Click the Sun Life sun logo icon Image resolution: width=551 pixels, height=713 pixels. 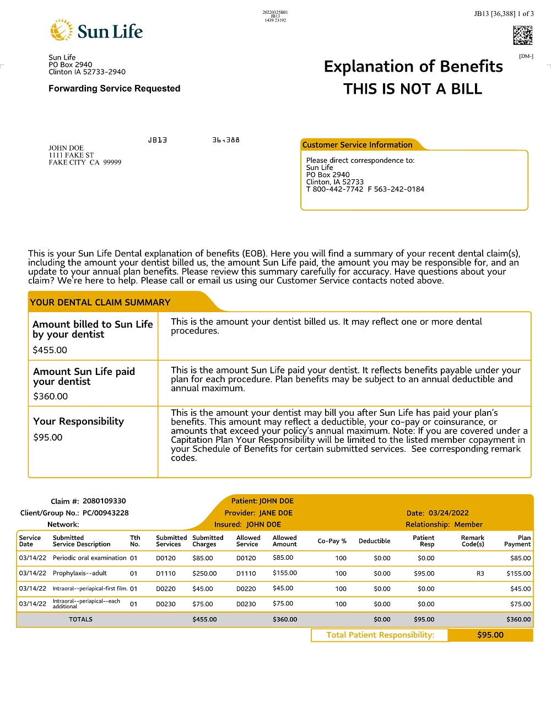tap(61, 30)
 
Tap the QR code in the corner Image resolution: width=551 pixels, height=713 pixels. tap(522, 35)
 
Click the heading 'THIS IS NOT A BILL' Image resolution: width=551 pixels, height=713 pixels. tap(413, 89)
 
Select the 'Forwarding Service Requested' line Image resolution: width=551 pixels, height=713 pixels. tap(114, 88)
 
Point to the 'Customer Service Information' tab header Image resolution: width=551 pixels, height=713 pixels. tap(357, 145)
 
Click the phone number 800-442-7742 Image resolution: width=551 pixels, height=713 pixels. tap(338, 189)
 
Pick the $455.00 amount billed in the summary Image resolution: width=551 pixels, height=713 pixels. tap(50, 350)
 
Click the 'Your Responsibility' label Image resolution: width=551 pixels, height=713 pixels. tap(78, 421)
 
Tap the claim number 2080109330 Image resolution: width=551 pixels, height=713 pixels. tap(104, 501)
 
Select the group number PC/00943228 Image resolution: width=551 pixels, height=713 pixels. tap(105, 513)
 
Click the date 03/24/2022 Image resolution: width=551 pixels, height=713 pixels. tap(449, 513)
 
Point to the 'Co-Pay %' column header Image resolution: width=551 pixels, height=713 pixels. tap(332, 541)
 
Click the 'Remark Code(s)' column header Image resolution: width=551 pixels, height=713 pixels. tap(472, 541)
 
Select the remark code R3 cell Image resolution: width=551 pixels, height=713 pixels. tap(480, 573)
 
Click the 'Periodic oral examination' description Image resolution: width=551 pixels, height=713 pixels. tap(90, 558)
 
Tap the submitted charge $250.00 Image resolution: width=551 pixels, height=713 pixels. tap(204, 573)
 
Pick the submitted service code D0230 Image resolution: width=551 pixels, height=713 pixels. tap(165, 604)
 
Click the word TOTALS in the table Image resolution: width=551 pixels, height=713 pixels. tap(80, 620)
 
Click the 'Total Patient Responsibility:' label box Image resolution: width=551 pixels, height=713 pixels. tap(380, 635)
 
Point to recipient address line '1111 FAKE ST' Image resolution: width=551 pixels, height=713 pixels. tap(71, 155)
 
